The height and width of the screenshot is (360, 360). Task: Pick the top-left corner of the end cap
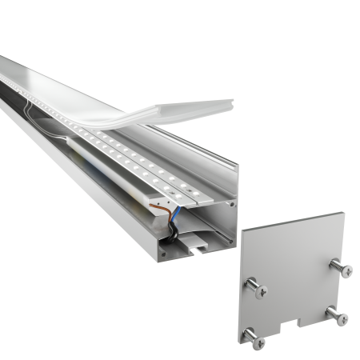coord(242,226)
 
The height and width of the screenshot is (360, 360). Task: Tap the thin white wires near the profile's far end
coord(32,108)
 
